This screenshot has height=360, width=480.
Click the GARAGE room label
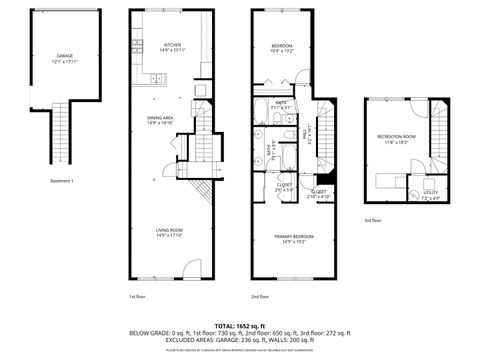pos(65,57)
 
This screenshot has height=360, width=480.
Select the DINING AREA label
pos(161,118)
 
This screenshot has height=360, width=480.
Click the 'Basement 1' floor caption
pos(64,181)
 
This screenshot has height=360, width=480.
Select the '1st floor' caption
pos(138,296)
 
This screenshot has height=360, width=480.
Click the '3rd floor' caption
pos(372,219)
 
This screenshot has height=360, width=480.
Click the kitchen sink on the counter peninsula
pos(154,77)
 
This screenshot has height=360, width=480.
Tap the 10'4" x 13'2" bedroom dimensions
pos(282,51)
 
